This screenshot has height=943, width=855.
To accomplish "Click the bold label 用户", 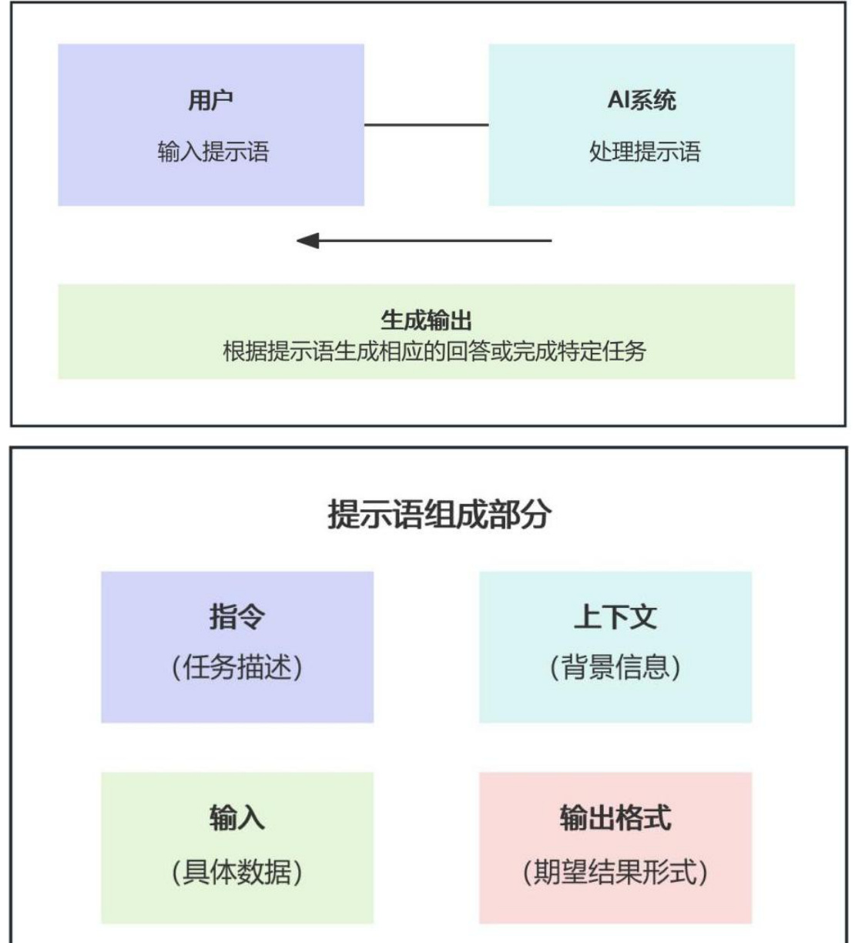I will pyautogui.click(x=210, y=100).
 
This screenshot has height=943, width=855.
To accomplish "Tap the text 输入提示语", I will pyautogui.click(x=213, y=151).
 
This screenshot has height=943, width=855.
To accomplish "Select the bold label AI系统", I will pyautogui.click(x=642, y=100).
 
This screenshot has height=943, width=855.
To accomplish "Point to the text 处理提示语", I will pyautogui.click(x=645, y=151).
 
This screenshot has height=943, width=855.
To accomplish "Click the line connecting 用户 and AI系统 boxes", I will pyautogui.click(x=426, y=125).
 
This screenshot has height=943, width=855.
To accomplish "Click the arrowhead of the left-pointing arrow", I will pyautogui.click(x=307, y=241).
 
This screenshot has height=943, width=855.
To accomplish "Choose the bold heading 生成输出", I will pyautogui.click(x=426, y=320).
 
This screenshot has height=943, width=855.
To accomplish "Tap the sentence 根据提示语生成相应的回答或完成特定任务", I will pyautogui.click(x=434, y=351).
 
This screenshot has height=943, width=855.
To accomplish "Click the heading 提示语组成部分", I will pyautogui.click(x=439, y=514).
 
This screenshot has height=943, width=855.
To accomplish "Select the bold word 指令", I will pyautogui.click(x=237, y=616).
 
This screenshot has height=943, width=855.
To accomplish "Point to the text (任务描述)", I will pyautogui.click(x=237, y=666).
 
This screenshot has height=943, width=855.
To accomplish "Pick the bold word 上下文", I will pyautogui.click(x=615, y=616).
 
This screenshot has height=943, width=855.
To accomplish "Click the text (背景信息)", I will pyautogui.click(x=615, y=666).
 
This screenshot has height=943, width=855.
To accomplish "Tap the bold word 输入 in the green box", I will pyautogui.click(x=237, y=817).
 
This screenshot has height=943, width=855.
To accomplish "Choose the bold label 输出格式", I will pyautogui.click(x=615, y=817).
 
